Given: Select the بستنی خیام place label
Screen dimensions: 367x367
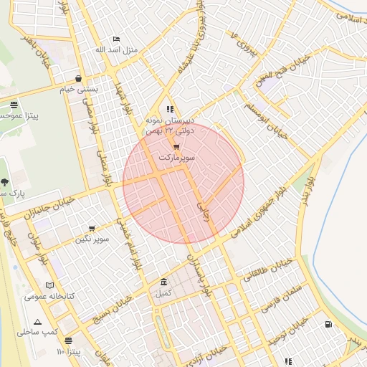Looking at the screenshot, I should click(x=77, y=90).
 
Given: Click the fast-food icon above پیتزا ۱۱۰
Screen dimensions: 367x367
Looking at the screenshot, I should click(x=68, y=340).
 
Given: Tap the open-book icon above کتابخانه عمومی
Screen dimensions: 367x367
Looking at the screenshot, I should click(x=49, y=285).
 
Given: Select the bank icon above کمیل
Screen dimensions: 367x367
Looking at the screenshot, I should click(x=164, y=282).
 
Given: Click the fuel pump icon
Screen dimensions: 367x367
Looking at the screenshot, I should click(x=329, y=324).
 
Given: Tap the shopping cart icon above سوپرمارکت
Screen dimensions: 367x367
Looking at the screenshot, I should click(x=176, y=146).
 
